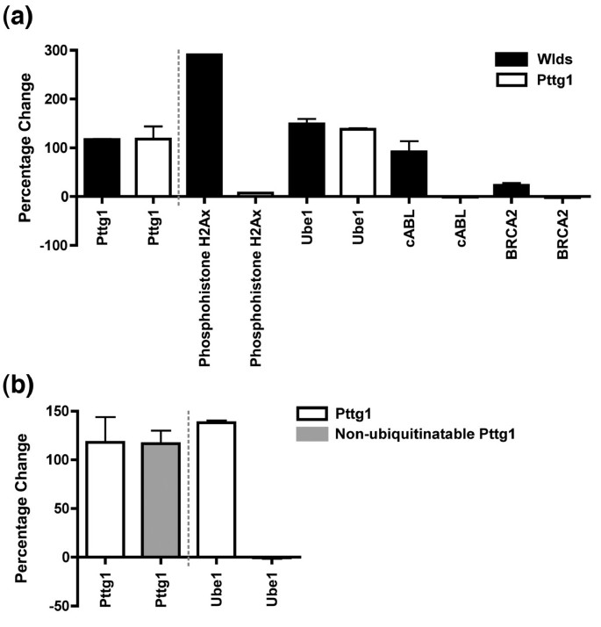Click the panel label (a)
click(19, 19)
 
